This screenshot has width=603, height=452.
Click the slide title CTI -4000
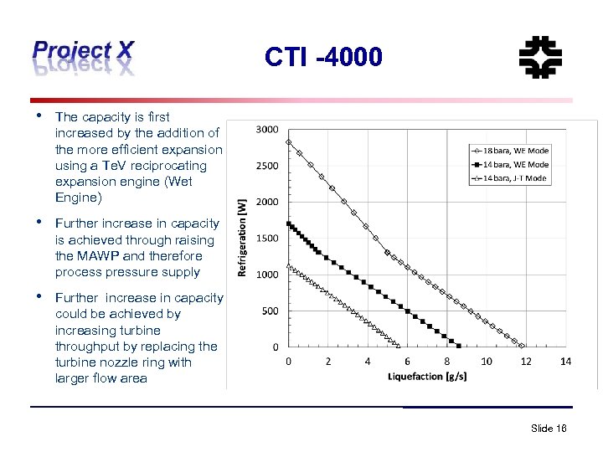323,57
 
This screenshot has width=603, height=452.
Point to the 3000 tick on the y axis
267,130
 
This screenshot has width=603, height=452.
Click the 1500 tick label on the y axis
267,239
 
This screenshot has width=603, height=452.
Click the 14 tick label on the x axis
565,362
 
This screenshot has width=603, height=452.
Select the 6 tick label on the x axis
407,362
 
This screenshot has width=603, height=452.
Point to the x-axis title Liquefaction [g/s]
428,376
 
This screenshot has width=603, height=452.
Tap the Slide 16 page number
549,428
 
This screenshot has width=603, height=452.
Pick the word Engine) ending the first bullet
78,198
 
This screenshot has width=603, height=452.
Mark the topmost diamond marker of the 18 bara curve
289,141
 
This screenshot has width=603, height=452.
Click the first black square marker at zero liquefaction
289,223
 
